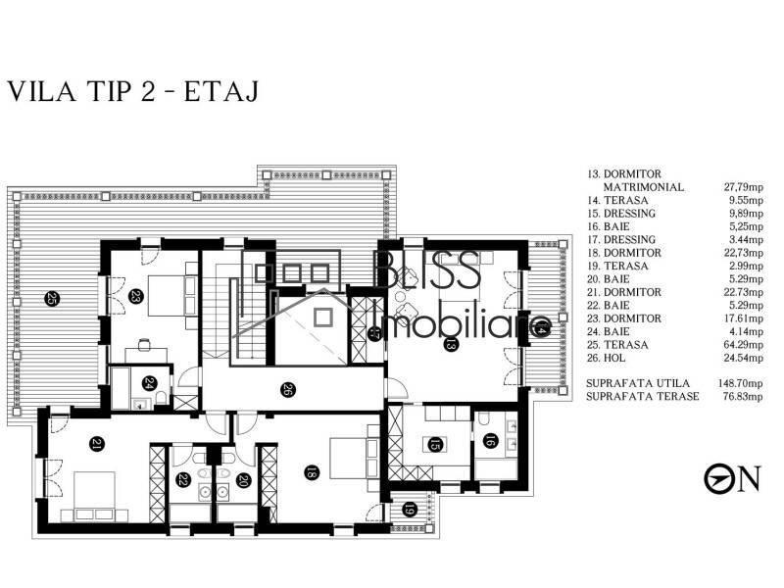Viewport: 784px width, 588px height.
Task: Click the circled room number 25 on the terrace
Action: point(51,299)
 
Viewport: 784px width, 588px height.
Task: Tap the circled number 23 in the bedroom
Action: point(136,297)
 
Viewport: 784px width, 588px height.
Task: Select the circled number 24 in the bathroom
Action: point(149,383)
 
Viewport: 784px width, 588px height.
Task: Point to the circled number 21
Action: point(96,444)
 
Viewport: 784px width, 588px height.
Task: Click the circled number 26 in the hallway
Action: point(287,389)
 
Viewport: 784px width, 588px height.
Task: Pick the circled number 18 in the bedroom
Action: point(312,473)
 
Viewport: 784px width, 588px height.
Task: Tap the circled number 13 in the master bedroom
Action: point(451,344)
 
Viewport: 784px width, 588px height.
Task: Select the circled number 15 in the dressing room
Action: point(432,446)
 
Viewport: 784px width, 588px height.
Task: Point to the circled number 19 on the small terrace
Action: point(410,510)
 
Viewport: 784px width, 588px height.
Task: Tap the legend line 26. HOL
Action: point(613,358)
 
